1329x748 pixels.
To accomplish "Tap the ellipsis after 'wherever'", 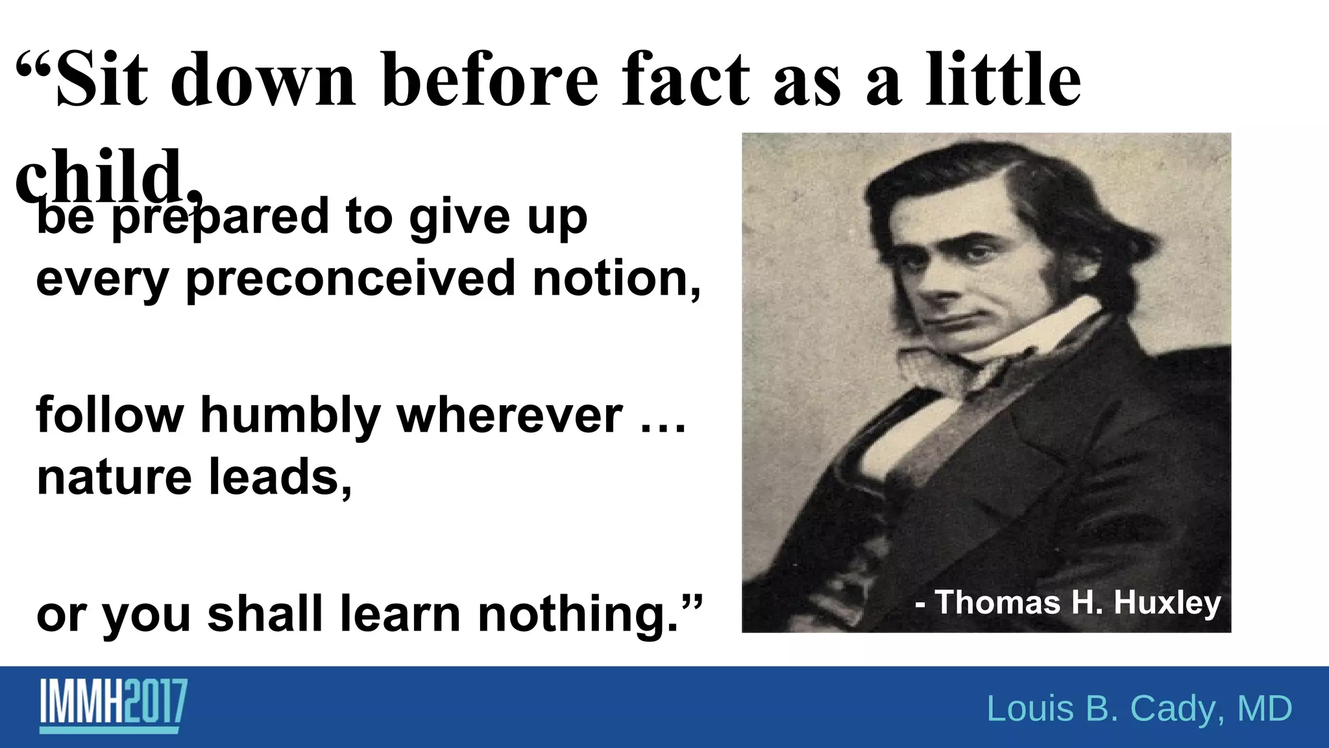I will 663,426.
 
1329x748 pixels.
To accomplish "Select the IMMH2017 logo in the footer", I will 114,706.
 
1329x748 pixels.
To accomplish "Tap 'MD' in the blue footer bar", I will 1265,708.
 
